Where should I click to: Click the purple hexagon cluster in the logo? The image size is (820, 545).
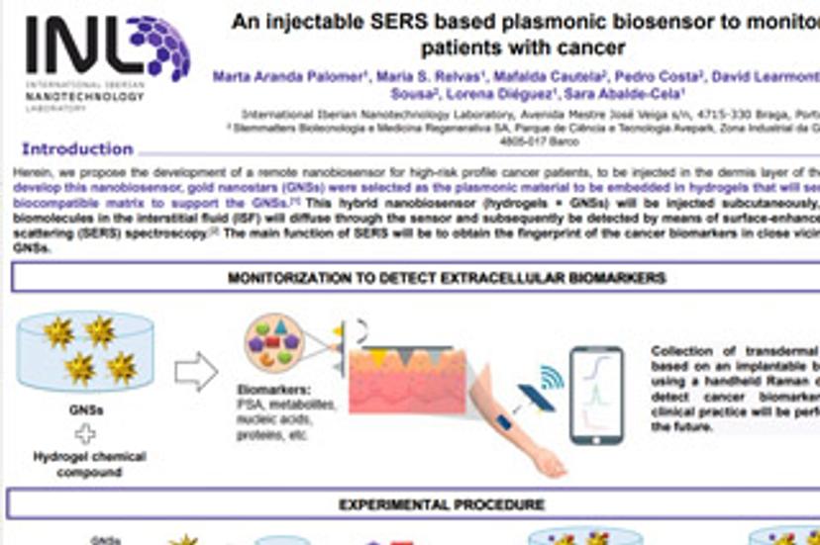coord(158,45)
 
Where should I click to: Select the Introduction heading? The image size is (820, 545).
coord(77,149)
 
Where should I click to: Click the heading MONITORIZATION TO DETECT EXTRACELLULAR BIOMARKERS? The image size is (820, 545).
coord(447,278)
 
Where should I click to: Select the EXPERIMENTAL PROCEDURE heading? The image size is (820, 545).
coord(442,504)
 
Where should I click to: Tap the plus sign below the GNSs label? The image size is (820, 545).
coord(88,432)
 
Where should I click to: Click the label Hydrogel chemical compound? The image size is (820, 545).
coord(89,464)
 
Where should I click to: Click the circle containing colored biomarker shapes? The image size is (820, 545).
coord(272,342)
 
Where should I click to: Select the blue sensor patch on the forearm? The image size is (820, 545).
coord(504,422)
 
